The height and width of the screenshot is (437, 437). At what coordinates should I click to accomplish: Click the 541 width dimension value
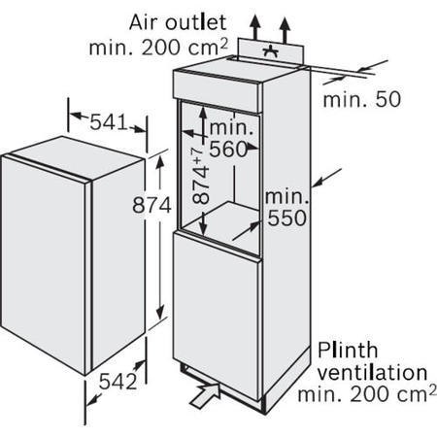pyautogui.click(x=109, y=122)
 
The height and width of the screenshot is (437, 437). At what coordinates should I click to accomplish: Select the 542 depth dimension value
pyautogui.click(x=118, y=382)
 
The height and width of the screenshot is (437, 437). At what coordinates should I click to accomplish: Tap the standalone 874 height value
pyautogui.click(x=151, y=205)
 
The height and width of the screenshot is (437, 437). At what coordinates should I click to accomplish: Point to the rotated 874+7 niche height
pyautogui.click(x=201, y=175)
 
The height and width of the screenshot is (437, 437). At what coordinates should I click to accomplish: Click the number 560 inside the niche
pyautogui.click(x=228, y=150)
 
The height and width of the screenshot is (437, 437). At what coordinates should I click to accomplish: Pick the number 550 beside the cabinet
pyautogui.click(x=286, y=218)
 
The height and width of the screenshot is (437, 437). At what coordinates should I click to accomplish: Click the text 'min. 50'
pyautogui.click(x=362, y=99)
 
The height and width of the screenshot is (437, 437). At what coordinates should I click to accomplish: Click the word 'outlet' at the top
pyautogui.click(x=196, y=22)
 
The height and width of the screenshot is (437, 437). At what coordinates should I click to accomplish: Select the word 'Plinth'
pyautogui.click(x=348, y=350)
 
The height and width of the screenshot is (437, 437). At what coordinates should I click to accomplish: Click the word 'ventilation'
pyautogui.click(x=372, y=372)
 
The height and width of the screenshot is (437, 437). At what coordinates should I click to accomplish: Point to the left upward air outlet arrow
pyautogui.click(x=255, y=27)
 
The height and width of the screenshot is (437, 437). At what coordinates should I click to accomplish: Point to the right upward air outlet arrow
pyautogui.click(x=285, y=30)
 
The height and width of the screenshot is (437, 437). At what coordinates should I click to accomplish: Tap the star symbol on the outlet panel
pyautogui.click(x=270, y=51)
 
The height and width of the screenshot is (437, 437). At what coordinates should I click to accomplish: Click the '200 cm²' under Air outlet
pyautogui.click(x=185, y=47)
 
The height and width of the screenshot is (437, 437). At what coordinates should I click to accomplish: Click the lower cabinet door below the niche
pyautogui.click(x=217, y=314)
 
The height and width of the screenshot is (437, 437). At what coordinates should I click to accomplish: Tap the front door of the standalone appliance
pyautogui.click(x=44, y=264)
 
